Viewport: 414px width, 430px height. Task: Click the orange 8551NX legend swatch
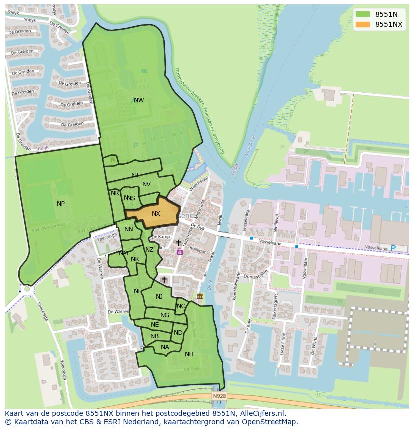click(x=363, y=24)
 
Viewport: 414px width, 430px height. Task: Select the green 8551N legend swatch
click(x=363, y=14)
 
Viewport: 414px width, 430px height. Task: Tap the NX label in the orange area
click(x=156, y=214)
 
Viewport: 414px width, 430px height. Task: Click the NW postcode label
click(x=139, y=100)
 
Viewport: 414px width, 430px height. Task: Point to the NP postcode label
click(x=61, y=203)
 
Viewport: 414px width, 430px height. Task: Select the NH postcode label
click(x=189, y=354)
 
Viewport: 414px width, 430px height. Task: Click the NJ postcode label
click(x=159, y=297)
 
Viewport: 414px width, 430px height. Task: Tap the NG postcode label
click(x=165, y=315)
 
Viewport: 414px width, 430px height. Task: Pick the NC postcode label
click(x=181, y=306)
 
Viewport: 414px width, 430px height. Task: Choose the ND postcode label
click(x=178, y=333)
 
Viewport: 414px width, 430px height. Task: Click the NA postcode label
click(x=165, y=347)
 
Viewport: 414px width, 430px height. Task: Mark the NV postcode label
click(x=146, y=184)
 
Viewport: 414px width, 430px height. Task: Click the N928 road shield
click(x=219, y=396)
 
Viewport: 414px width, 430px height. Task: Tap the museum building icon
click(x=200, y=297)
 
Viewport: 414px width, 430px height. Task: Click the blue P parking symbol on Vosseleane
click(x=393, y=248)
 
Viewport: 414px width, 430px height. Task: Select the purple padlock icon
click(x=180, y=252)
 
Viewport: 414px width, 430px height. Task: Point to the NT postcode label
click(x=135, y=175)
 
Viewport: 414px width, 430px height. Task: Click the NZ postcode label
click(x=150, y=250)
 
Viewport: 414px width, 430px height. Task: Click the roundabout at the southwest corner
click(x=27, y=289)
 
